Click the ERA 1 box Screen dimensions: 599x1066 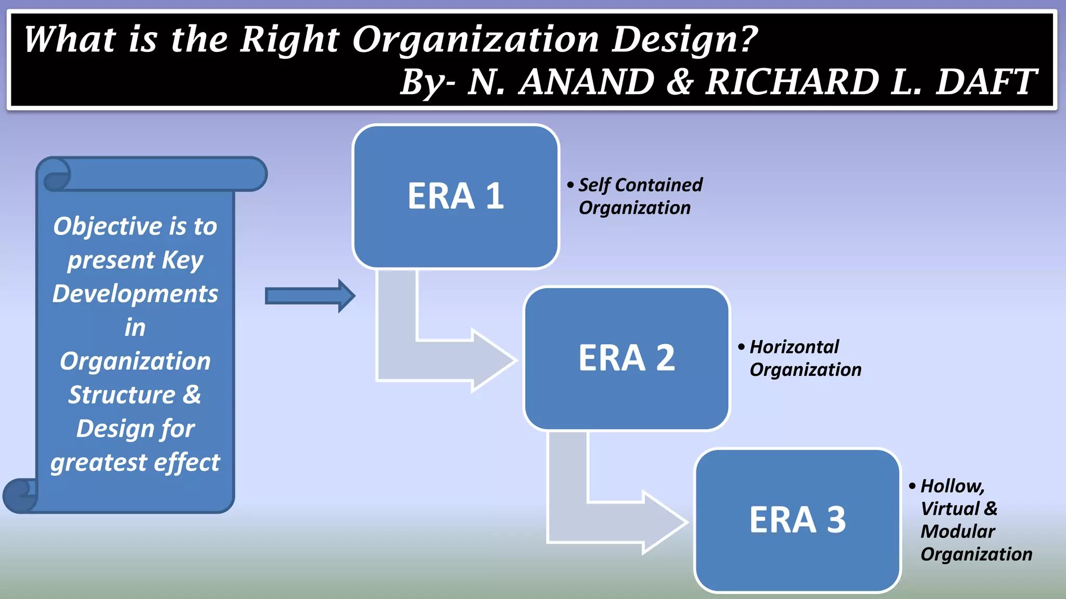tap(455, 197)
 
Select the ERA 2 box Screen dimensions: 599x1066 tap(626, 358)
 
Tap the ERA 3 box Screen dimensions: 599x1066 tap(797, 520)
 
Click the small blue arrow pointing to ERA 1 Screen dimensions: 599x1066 tap(310, 296)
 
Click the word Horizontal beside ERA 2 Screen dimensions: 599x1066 tap(794, 347)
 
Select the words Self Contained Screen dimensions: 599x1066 tap(640, 185)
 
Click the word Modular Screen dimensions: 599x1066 tap(957, 531)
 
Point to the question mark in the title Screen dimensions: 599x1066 tap(748, 40)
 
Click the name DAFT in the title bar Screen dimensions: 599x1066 tap(985, 82)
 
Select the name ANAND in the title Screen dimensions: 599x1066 tap(587, 82)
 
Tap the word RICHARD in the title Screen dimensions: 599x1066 tap(791, 82)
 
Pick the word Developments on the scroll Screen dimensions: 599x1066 tap(135, 294)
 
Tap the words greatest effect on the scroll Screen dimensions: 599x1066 tap(135, 462)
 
